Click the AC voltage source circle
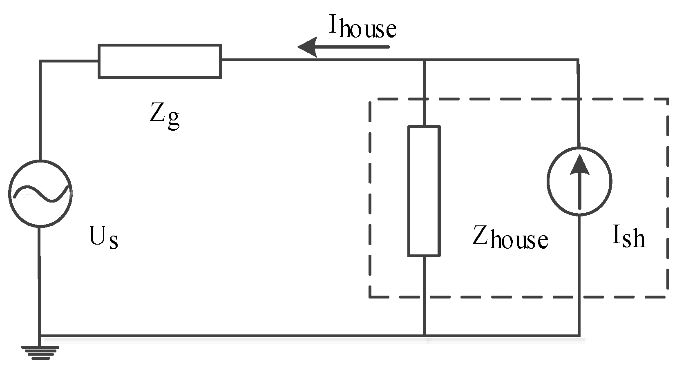[40, 193]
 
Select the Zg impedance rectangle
[160, 61]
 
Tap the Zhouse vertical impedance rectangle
[424, 191]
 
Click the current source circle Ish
[579, 181]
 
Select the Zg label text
[164, 116]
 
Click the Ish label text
[628, 237]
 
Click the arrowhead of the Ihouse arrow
[307, 47]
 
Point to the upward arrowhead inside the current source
[579, 165]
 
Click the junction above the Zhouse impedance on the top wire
[424, 60]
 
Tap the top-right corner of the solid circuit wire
[578, 60]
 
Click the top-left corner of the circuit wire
[40, 61]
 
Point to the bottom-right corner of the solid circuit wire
[579, 336]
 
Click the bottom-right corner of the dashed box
[668, 297]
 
